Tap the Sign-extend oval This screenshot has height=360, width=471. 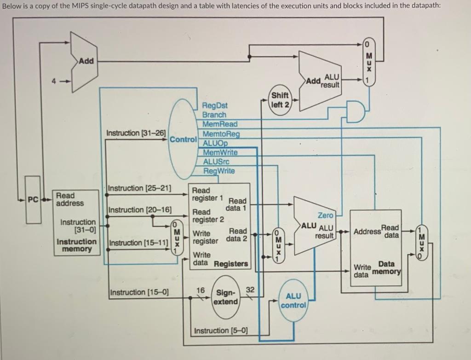pyautogui.click(x=226, y=297)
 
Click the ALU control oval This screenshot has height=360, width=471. pyautogui.click(x=293, y=301)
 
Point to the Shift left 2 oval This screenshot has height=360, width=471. pyautogui.click(x=280, y=100)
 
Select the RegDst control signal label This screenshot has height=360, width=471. pyautogui.click(x=215, y=105)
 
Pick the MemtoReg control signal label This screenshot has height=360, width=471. pyautogui.click(x=221, y=134)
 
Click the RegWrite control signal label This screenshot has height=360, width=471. pyautogui.click(x=219, y=171)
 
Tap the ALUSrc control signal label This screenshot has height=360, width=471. pyautogui.click(x=216, y=162)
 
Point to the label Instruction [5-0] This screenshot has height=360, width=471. pyautogui.click(x=221, y=331)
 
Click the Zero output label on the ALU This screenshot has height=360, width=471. pyautogui.click(x=325, y=215)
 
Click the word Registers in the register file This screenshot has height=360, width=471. pyautogui.click(x=231, y=264)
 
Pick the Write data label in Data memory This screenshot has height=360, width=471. pyautogui.click(x=362, y=271)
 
